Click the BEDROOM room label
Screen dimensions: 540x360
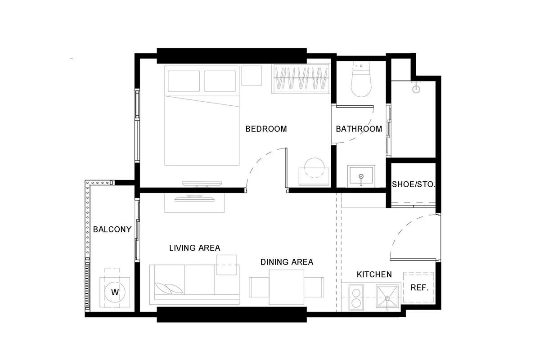tap(266, 129)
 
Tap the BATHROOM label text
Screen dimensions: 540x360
tap(359, 129)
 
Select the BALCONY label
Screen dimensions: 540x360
tap(112, 229)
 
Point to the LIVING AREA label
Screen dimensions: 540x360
tap(195, 248)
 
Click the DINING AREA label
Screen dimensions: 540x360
tap(287, 262)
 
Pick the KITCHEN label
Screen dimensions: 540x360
tap(374, 274)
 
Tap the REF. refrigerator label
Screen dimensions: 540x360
tap(419, 288)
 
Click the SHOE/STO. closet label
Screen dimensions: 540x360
tap(414, 184)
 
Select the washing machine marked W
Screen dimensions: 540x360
tap(115, 292)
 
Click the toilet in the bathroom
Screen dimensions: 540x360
tap(361, 79)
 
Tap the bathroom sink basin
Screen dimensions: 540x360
tap(361, 176)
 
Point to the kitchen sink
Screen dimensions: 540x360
tap(387, 297)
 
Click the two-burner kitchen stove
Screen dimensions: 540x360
tap(356, 297)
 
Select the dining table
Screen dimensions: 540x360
tap(287, 287)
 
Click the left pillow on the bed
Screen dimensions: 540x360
tap(184, 81)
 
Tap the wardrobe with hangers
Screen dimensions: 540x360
tap(301, 78)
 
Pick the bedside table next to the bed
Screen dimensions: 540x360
tap(252, 76)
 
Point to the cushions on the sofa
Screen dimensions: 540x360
tap(168, 288)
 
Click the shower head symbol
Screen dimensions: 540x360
tap(416, 88)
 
